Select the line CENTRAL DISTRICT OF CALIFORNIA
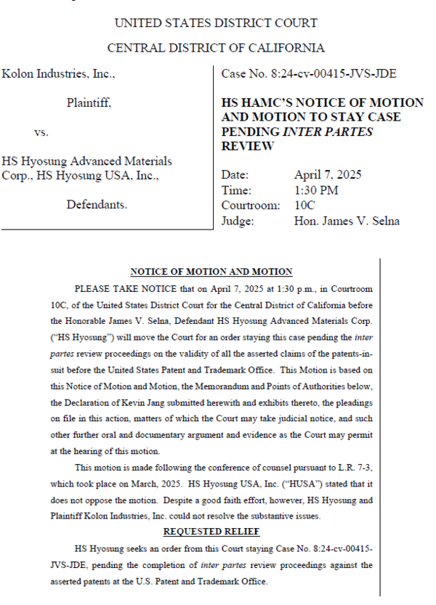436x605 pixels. pos(216,48)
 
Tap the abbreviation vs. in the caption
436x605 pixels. pos(41,133)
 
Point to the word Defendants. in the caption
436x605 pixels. pos(97,205)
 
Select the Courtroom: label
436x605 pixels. pos(250,206)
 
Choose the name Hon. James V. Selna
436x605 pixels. pos(347,221)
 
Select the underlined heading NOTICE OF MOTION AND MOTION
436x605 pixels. pos(211,272)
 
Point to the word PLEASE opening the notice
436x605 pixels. pos(92,288)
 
